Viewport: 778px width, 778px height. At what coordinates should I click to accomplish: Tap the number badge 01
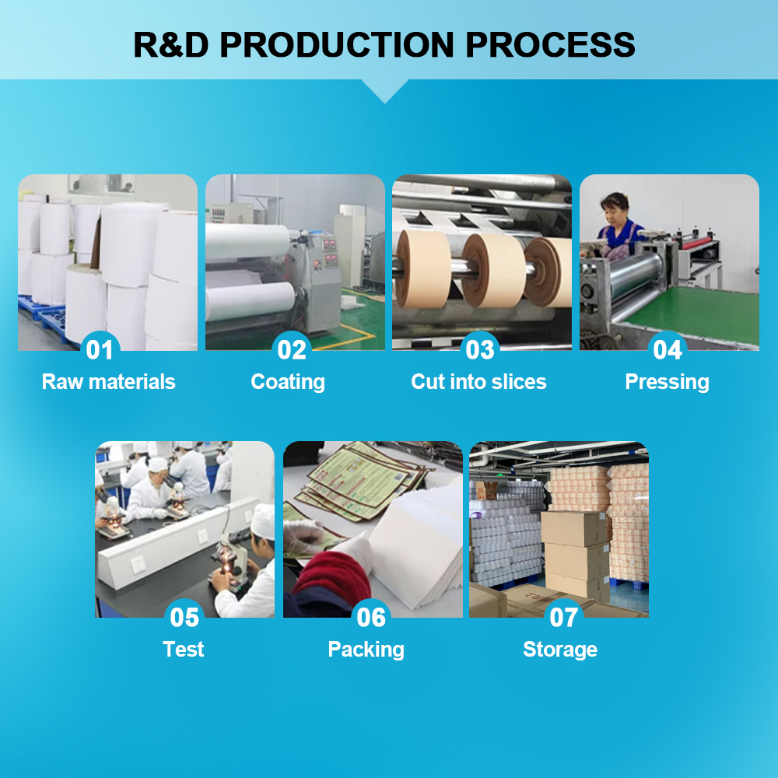[100, 350]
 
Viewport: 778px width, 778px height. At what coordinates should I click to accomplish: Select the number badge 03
[480, 350]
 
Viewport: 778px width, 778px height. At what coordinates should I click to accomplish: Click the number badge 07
[563, 617]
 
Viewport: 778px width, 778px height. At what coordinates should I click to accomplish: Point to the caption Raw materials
[108, 382]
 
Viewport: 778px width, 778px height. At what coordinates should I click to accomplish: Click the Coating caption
[288, 382]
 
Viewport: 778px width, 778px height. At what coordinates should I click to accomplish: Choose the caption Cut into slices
[478, 382]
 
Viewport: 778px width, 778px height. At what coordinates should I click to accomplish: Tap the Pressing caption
[668, 382]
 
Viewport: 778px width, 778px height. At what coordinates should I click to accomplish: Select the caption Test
[184, 649]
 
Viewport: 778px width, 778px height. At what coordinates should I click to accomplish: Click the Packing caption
[366, 649]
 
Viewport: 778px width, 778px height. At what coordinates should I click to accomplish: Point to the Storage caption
[560, 649]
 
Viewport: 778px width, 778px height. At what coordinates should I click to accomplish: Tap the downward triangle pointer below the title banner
[384, 90]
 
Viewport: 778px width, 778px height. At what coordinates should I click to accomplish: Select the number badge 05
[184, 617]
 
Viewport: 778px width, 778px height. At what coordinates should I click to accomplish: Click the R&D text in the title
[170, 44]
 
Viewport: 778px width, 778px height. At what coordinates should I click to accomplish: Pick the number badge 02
[292, 350]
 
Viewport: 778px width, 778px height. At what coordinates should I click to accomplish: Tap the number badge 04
[668, 350]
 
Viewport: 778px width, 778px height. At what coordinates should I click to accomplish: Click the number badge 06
[371, 617]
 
